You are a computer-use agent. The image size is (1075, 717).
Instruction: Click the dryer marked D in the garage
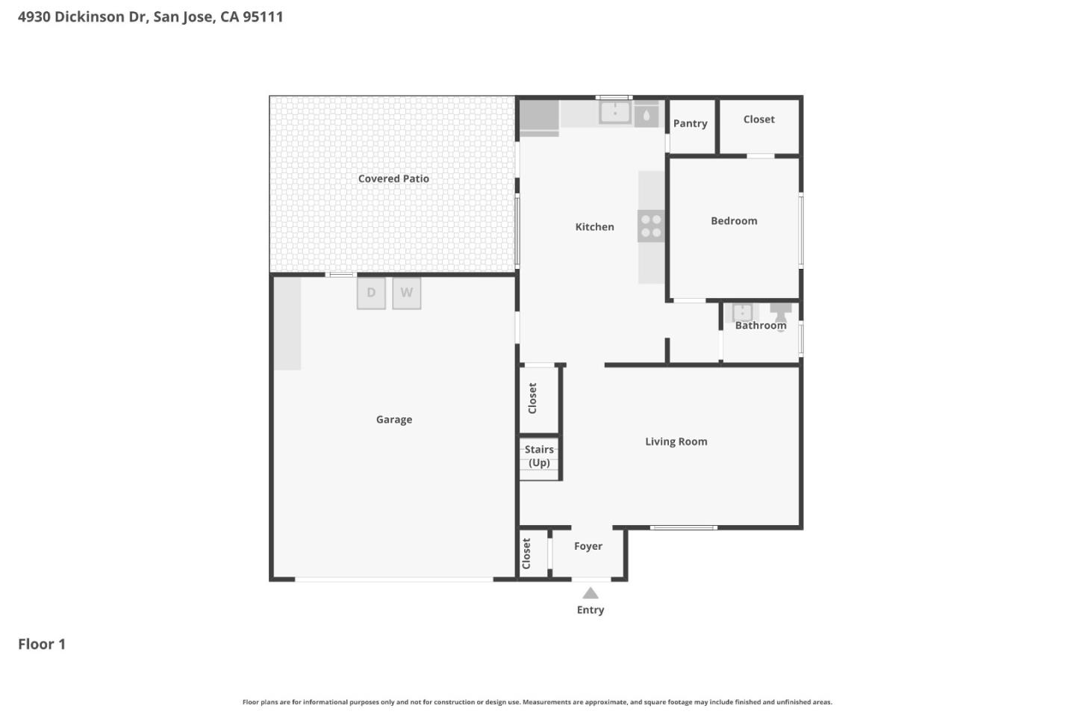[x=371, y=293]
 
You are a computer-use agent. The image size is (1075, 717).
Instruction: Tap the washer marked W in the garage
[x=407, y=293]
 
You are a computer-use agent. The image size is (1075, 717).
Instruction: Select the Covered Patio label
[x=393, y=179]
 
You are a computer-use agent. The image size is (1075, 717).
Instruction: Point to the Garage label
[x=394, y=420]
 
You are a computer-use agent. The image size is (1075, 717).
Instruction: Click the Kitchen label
[x=594, y=227]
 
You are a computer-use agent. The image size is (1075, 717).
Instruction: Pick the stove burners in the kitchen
[x=651, y=226]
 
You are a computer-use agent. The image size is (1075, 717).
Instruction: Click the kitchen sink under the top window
[x=615, y=113]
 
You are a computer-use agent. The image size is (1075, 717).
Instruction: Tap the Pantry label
[x=690, y=124]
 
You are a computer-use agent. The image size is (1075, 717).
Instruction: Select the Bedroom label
[x=734, y=221]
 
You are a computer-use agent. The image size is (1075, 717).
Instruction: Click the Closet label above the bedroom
[x=758, y=119]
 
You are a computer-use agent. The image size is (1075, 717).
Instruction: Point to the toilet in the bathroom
[x=781, y=313]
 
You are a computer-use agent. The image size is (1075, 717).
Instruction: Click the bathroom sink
[x=742, y=312]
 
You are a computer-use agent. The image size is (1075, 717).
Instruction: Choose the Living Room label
[x=676, y=442]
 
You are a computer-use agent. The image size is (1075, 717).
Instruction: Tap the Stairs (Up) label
[x=539, y=456]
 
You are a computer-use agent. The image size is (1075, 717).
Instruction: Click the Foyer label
[x=588, y=547]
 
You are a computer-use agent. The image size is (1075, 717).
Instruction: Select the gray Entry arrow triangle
[x=591, y=594]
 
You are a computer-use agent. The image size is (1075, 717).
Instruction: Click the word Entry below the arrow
[x=591, y=610]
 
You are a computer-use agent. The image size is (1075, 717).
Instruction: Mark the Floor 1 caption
[x=42, y=644]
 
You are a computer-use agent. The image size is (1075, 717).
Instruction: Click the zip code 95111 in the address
[x=263, y=16]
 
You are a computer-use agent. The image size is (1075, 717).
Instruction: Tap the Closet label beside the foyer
[x=526, y=553]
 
